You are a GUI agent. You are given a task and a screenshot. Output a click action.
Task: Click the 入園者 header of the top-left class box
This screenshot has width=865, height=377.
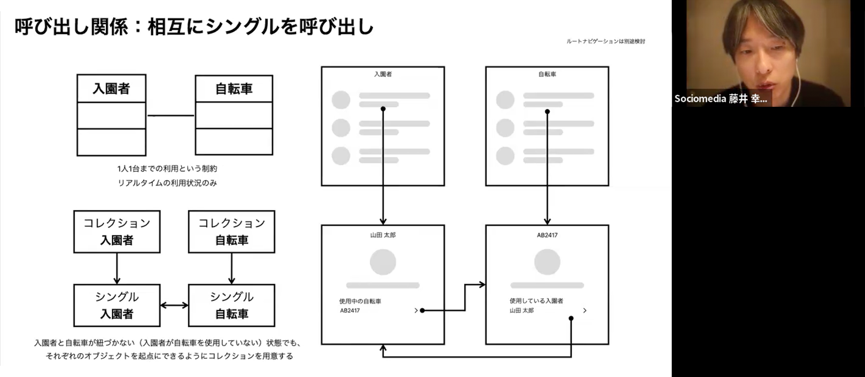coord(111,88)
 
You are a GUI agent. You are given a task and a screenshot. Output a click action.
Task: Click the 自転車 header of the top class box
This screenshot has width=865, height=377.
coord(234,89)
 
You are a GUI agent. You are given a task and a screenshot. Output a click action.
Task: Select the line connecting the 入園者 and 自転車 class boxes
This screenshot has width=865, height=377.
coord(170,116)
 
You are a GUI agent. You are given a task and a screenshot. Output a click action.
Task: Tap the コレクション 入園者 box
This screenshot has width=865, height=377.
coord(117,231)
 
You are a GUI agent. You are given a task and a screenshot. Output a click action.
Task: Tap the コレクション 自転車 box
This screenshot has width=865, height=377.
coord(232,231)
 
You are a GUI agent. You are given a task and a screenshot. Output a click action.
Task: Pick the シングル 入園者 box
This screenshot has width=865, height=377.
coord(117,305)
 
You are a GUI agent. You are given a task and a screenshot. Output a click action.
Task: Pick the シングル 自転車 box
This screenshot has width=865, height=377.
coord(232,305)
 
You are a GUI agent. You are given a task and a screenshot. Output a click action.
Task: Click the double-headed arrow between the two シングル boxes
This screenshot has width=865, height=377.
coord(174,305)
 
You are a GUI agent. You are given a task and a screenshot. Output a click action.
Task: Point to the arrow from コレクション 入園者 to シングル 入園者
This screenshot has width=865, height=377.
coord(117,268)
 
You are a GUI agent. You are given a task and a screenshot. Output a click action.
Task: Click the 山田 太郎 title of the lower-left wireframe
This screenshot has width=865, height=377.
coord(383,235)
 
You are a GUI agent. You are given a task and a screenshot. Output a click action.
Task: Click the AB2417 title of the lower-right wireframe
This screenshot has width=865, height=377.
coord(547,235)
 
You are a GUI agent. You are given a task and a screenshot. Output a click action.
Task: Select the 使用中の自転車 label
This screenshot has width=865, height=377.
coord(360,301)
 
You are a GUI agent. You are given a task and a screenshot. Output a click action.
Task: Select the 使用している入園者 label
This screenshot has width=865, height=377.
coord(536,301)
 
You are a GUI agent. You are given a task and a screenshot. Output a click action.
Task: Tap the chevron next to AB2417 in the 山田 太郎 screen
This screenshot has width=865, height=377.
coord(416,310)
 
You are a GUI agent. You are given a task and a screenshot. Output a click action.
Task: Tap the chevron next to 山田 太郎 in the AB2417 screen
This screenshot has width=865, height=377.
coord(585,310)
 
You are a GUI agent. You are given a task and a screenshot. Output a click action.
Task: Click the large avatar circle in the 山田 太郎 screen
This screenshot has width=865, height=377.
coord(383,262)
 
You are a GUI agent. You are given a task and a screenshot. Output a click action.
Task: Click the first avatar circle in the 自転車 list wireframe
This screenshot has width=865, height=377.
coord(505,100)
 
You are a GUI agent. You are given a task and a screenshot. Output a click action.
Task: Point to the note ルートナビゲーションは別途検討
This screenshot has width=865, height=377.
coord(605,41)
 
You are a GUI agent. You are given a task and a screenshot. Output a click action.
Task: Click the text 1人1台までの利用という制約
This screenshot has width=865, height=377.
coord(167,169)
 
